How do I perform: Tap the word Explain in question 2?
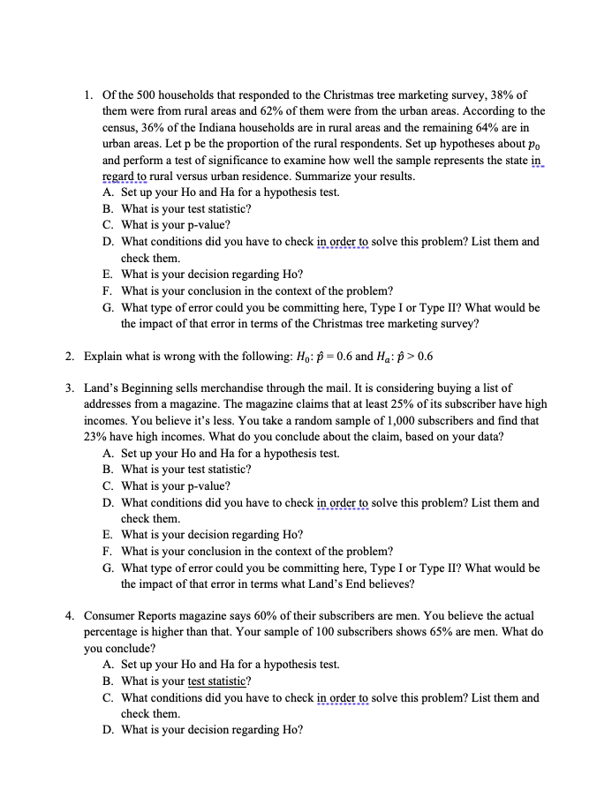(x=104, y=357)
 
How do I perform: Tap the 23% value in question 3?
(x=96, y=437)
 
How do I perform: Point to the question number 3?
(x=69, y=387)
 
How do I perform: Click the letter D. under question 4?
(x=108, y=730)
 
